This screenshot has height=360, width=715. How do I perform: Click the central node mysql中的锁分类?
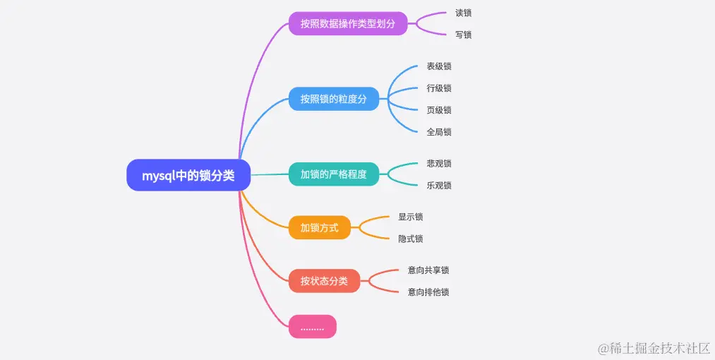tap(188, 176)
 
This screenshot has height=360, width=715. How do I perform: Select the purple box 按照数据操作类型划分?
tap(348, 23)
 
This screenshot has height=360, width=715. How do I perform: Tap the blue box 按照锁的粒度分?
tap(334, 99)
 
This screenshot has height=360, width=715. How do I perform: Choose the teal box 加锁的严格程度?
tap(334, 174)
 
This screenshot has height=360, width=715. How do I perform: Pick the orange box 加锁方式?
tap(320, 227)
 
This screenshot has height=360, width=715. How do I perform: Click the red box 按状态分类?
tap(325, 281)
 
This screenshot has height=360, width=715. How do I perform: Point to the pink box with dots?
tap(313, 327)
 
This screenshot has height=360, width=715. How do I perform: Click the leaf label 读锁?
tap(464, 13)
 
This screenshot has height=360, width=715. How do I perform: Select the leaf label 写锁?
tap(464, 35)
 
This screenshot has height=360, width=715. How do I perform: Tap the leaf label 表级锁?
tap(439, 66)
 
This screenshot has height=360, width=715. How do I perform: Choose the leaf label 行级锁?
tap(439, 88)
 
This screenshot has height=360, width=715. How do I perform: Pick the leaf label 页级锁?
tap(439, 110)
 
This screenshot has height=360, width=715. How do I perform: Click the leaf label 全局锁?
tap(439, 132)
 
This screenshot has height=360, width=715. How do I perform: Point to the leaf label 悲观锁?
tap(439, 164)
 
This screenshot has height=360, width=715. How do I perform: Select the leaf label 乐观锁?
tap(439, 186)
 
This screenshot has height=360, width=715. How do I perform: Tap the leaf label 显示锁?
tap(411, 217)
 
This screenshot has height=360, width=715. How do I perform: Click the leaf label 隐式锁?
tap(411, 239)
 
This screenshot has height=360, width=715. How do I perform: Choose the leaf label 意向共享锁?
tap(428, 270)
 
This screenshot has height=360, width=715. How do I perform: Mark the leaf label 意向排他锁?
tap(428, 292)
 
